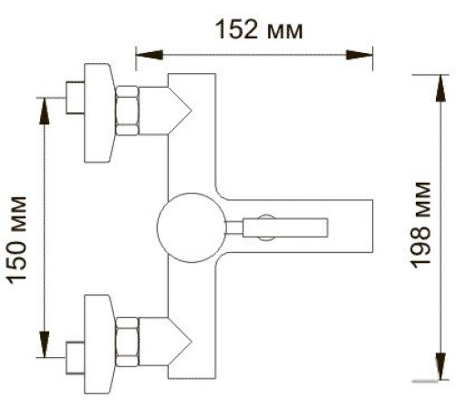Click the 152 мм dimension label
[258, 29]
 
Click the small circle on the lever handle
[263, 226]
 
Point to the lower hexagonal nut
[128, 340]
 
